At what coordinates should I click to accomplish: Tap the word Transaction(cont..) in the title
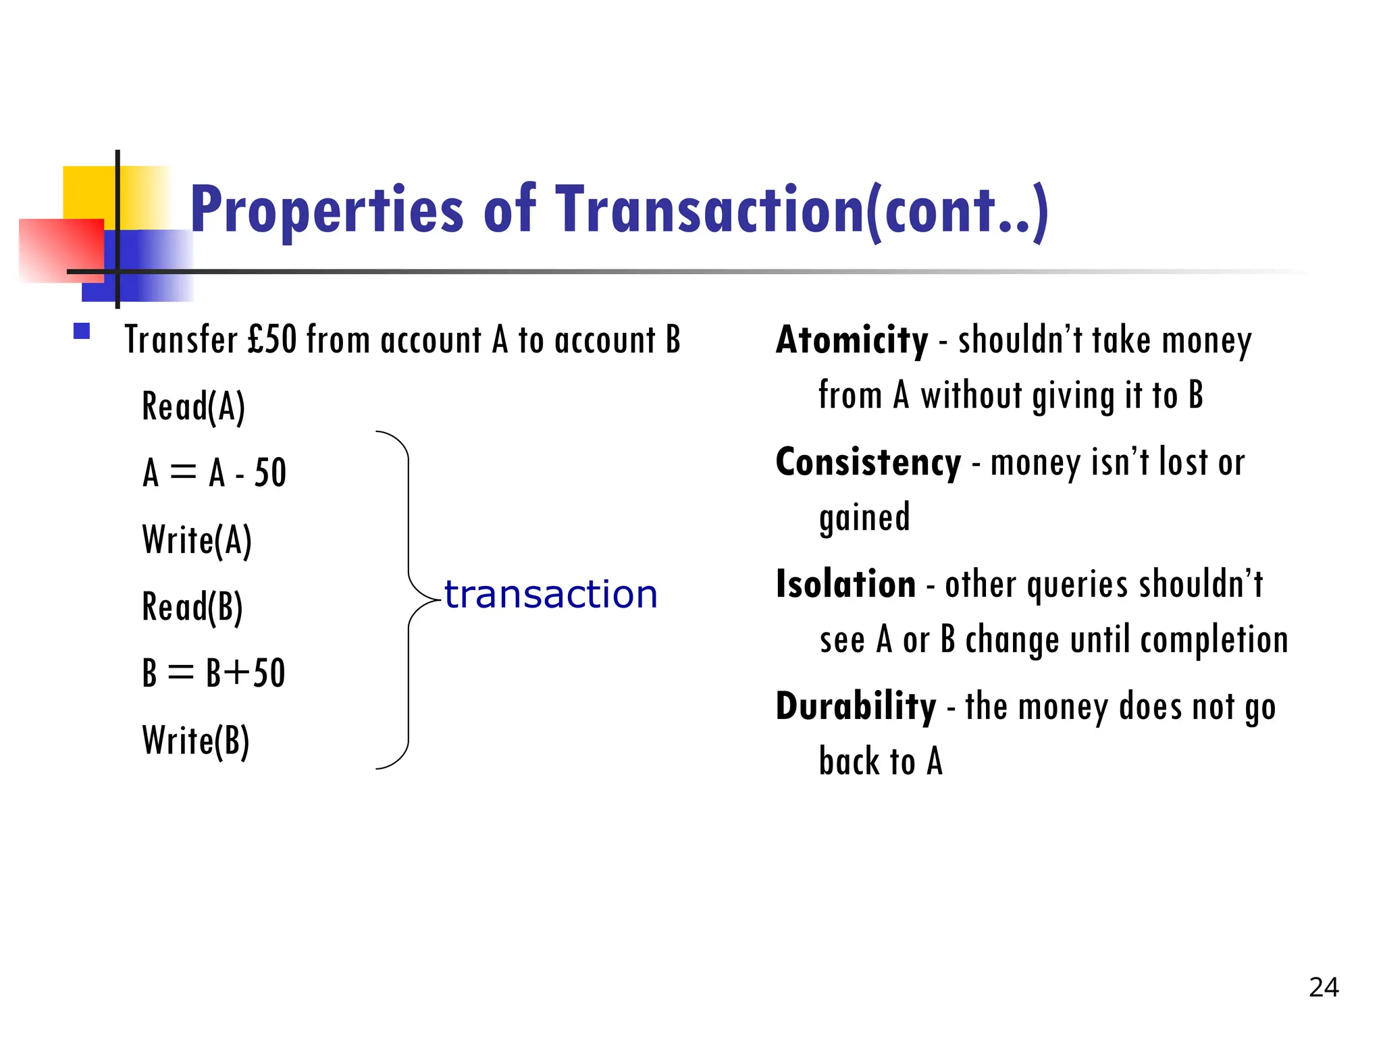802,211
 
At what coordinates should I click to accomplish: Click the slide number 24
1324,988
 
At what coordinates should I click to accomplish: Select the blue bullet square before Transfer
82,331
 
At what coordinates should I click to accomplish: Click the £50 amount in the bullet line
272,340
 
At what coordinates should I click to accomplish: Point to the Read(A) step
193,407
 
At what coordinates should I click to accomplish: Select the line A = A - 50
215,473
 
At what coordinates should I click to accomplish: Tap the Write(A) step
197,540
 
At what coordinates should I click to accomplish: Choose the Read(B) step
192,607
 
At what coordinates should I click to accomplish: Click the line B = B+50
214,673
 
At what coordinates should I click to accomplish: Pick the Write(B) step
196,741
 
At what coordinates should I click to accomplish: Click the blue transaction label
550,595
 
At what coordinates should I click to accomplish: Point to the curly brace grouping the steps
407,600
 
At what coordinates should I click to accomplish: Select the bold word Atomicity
852,340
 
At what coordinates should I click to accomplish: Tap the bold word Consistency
868,462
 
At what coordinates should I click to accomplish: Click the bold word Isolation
845,584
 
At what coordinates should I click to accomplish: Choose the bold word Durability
856,707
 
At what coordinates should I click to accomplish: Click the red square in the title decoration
61,250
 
